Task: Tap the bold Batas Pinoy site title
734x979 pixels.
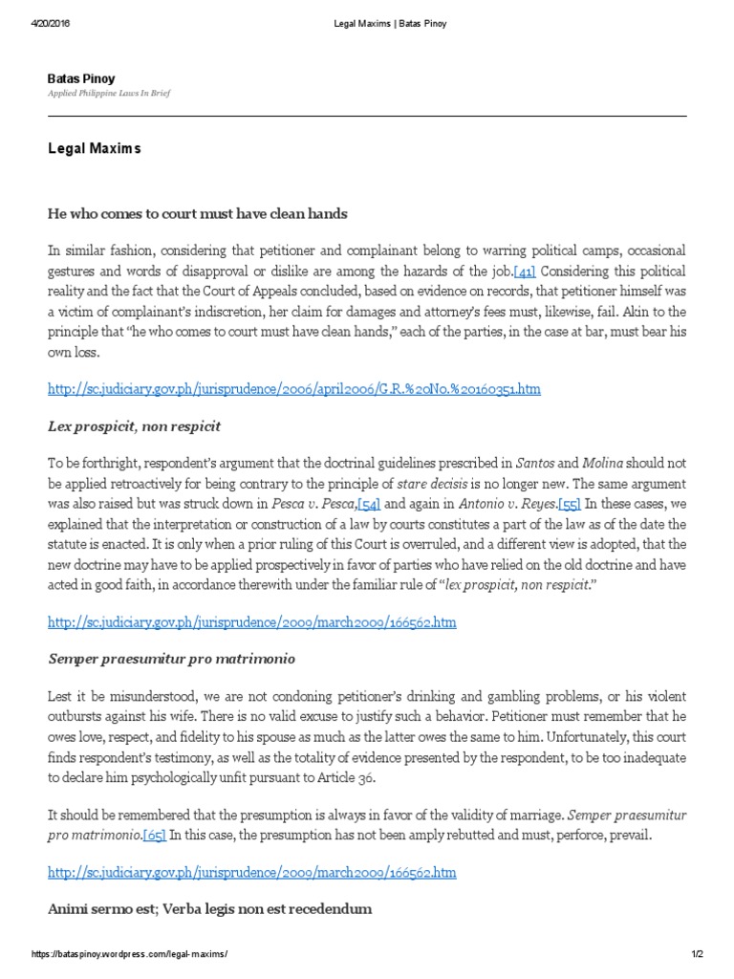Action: (x=81, y=78)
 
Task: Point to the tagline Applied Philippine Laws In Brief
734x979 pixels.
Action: (x=109, y=95)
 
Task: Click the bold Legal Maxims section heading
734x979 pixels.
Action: (x=94, y=149)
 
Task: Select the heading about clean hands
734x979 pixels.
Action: (x=197, y=213)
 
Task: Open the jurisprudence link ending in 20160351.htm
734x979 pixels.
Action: (x=293, y=389)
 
